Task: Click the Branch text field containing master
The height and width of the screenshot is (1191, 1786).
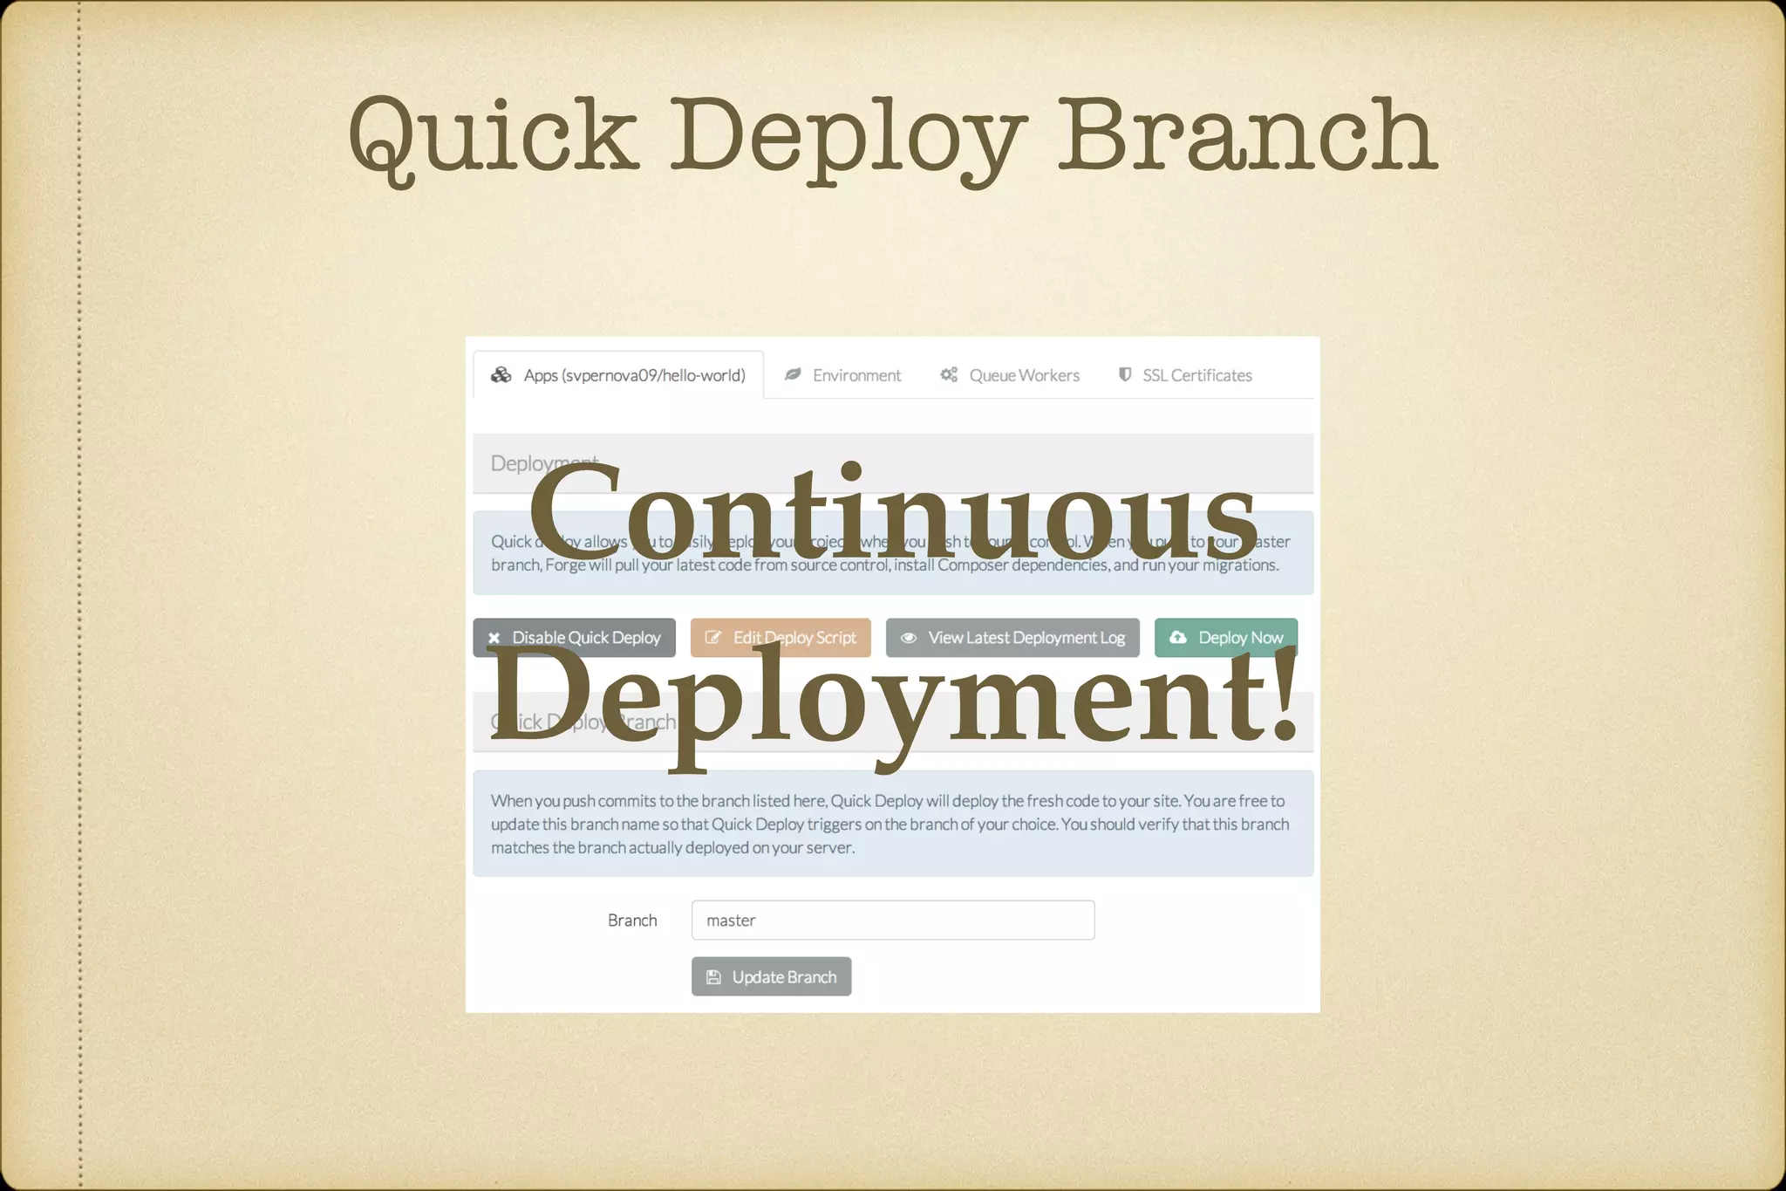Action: [892, 921]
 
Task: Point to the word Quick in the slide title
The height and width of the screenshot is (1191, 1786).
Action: [494, 135]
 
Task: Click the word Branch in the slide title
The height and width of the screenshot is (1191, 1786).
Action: [1247, 135]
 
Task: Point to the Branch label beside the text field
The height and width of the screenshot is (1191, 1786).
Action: [632, 921]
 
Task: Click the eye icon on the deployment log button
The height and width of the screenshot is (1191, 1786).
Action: [909, 638]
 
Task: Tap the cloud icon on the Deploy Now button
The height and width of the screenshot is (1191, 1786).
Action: [1178, 637]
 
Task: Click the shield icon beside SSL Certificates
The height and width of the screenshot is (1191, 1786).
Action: [1125, 374]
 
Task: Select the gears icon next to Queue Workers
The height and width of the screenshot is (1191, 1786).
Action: [949, 374]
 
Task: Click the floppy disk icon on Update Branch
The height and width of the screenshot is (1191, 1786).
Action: [713, 977]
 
